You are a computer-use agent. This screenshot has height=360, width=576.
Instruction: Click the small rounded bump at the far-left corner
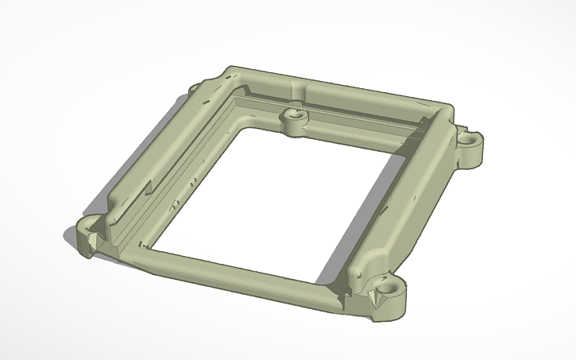[x=196, y=86]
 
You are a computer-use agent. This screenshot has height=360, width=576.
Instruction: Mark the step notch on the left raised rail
[x=149, y=188]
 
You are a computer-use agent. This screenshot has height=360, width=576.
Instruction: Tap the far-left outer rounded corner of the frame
[x=230, y=69]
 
